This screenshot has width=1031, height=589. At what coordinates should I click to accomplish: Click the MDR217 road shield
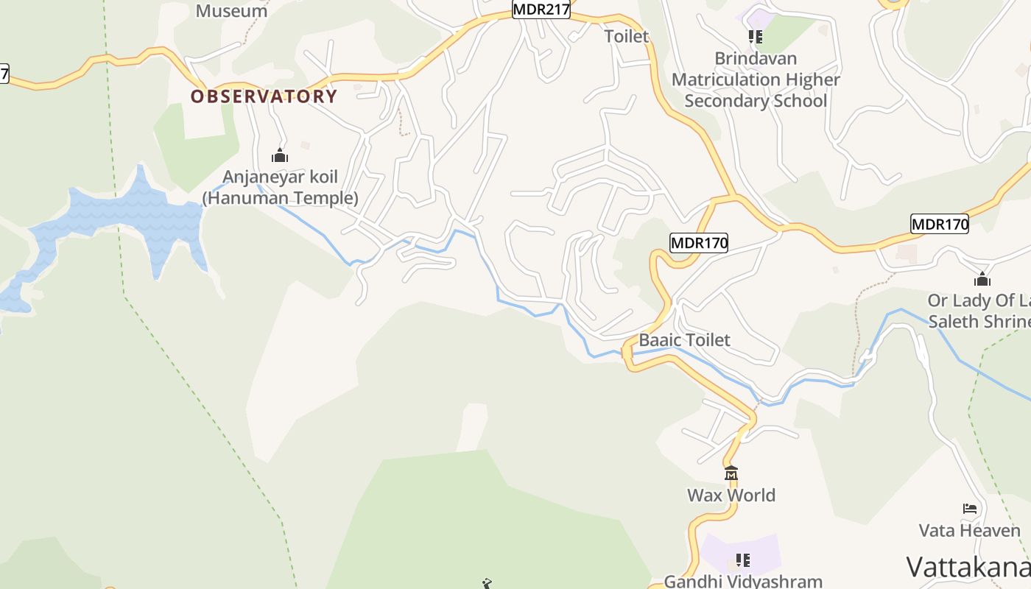[x=541, y=10]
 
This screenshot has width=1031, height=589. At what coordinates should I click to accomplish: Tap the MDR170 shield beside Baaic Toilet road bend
[x=699, y=242]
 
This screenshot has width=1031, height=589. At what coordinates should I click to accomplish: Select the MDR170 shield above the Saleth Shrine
[x=939, y=224]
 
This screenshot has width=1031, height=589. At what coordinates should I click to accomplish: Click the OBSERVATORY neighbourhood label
[x=264, y=96]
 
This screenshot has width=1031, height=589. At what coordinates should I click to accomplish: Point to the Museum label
[x=231, y=11]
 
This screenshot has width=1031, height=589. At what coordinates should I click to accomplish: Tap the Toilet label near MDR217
[x=627, y=36]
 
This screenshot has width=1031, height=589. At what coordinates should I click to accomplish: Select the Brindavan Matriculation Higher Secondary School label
[x=756, y=80]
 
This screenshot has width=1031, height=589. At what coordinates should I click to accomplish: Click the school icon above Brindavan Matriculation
[x=755, y=36]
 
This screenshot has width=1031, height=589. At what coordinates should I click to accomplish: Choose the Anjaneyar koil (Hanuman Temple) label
[x=281, y=187]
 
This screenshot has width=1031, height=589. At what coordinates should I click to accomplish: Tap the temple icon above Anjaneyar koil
[x=280, y=155]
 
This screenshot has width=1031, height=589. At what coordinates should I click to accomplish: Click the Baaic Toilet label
[x=684, y=339]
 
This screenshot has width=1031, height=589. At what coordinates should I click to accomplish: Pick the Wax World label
[x=731, y=495]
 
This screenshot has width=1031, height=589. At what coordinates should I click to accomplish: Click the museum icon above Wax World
[x=731, y=473]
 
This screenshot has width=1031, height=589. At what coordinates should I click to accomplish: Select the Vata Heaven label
[x=969, y=530]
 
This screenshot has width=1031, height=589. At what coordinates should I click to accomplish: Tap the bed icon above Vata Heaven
[x=970, y=509]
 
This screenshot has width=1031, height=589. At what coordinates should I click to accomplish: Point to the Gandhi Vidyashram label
[x=743, y=581]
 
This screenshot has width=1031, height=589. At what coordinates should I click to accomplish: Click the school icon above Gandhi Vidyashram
[x=744, y=560]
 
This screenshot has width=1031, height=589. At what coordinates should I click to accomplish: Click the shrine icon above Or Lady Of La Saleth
[x=982, y=279]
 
